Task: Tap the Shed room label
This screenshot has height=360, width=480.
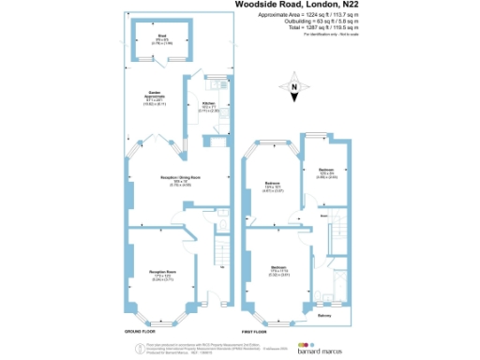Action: [x=162, y=37]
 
